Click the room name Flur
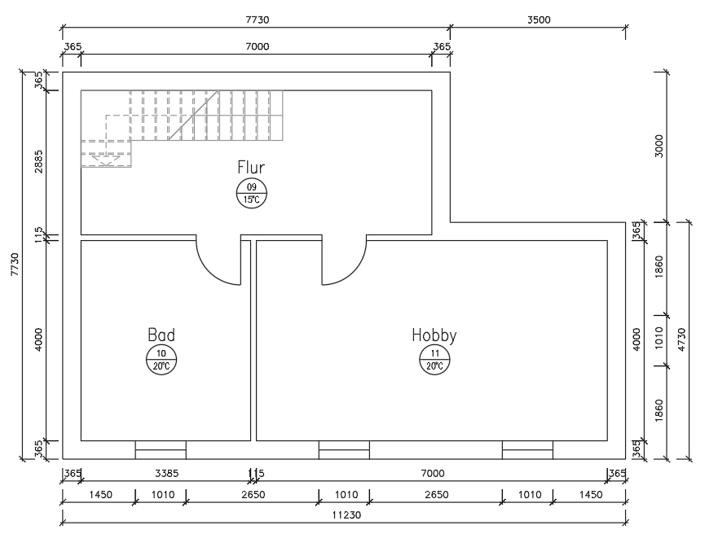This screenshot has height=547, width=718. [x=251, y=168]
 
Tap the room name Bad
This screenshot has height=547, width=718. [x=161, y=335]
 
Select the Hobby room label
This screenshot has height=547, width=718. [x=434, y=335]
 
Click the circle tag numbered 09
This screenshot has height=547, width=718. [x=251, y=194]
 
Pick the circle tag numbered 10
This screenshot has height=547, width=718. [x=161, y=360]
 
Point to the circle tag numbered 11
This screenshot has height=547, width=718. [x=434, y=360]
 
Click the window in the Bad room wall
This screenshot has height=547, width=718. [x=161, y=450]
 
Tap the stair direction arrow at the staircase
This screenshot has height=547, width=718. [x=106, y=160]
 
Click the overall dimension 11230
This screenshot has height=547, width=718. [x=346, y=515]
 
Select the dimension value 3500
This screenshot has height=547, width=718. [x=539, y=20]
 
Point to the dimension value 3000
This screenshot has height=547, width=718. [x=659, y=146]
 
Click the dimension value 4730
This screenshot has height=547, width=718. [x=681, y=339]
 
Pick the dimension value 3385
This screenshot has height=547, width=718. [x=166, y=474]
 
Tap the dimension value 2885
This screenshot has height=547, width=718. [x=38, y=161]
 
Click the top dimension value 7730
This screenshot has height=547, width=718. [x=258, y=20]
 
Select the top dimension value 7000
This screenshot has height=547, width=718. [x=258, y=46]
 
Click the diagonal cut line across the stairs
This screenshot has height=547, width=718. [x=193, y=116]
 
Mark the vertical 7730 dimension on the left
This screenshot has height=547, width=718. [x=15, y=265]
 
